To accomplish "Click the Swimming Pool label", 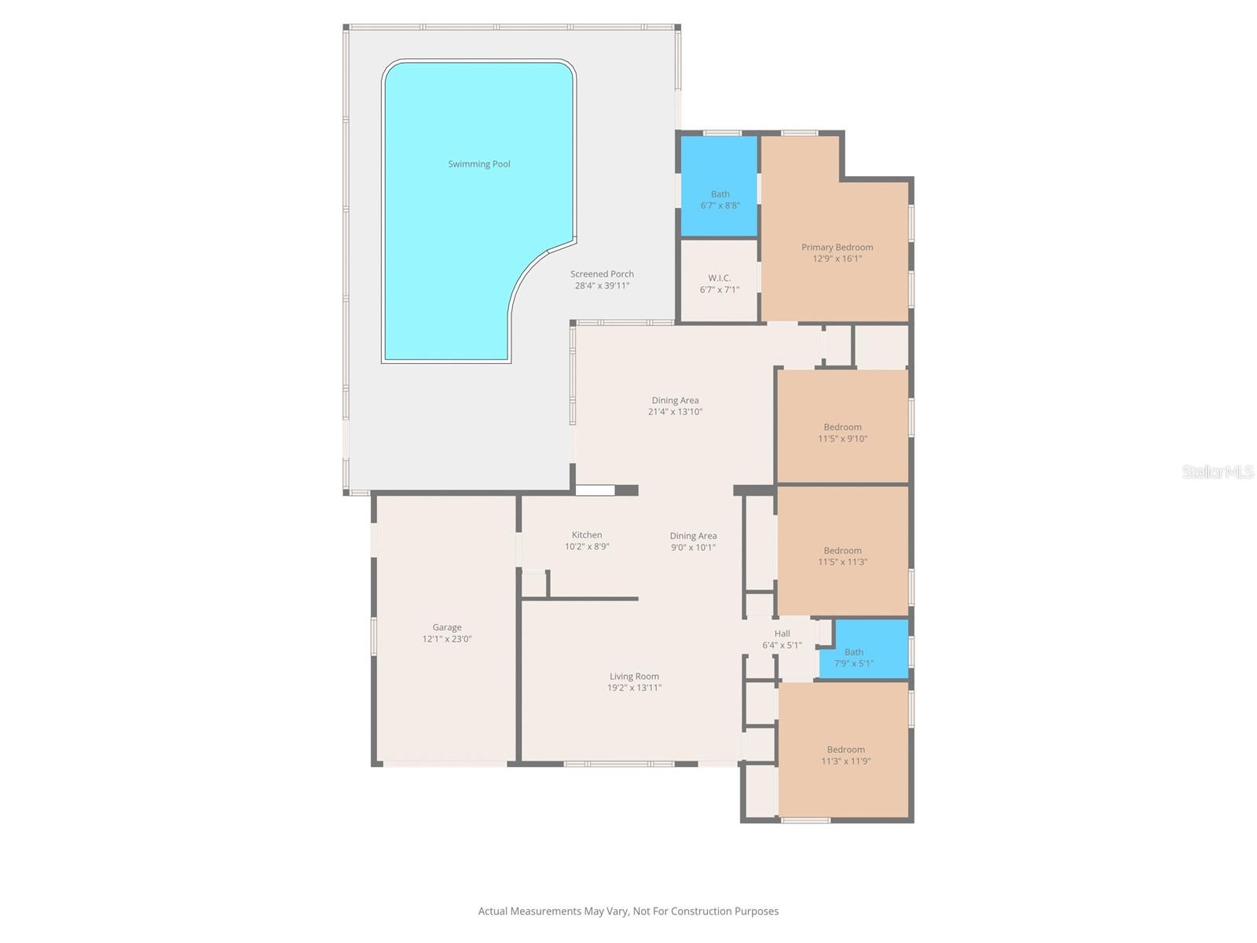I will coord(479,164).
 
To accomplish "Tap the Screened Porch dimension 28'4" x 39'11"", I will coord(602,286).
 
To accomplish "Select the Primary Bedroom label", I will coord(837,247).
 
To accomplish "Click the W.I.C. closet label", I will coord(719,278).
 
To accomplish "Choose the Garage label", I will coord(447,627).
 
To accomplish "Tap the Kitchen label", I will coord(587,535).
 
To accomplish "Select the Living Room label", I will coord(634,677).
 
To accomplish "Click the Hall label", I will coord(782,633).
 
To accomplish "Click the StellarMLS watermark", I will coord(1218,472).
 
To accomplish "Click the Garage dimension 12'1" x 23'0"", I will coord(447,639).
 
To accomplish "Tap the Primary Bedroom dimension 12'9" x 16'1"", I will coord(837,259).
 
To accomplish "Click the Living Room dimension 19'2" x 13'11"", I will coord(634,688).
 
